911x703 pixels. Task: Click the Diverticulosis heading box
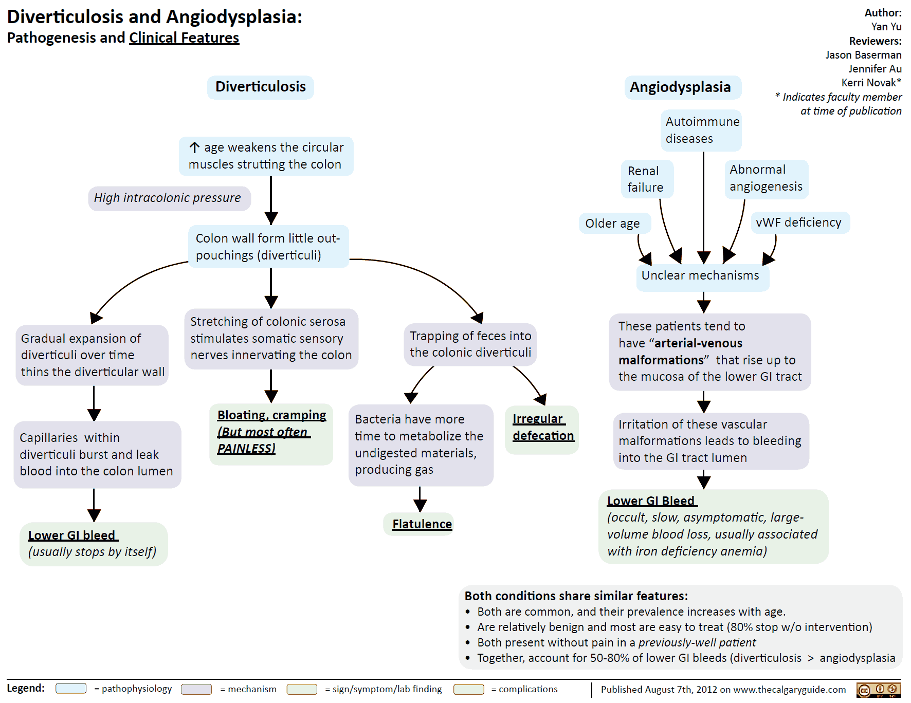(x=260, y=87)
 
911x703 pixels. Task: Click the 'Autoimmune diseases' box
(x=702, y=130)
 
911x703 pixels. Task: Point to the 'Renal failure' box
(x=646, y=179)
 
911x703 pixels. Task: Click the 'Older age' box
(x=613, y=224)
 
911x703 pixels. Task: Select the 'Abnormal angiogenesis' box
(x=766, y=178)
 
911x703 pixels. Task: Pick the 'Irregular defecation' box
(x=542, y=428)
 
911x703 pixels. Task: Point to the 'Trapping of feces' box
(x=470, y=344)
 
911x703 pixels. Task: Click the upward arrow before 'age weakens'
(x=194, y=148)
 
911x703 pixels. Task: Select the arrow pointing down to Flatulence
(x=420, y=500)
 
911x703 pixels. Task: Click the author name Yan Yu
(x=886, y=27)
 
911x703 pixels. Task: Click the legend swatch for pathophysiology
(x=71, y=689)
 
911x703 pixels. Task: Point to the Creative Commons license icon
(x=879, y=690)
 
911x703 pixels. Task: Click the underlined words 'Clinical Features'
(x=184, y=38)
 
